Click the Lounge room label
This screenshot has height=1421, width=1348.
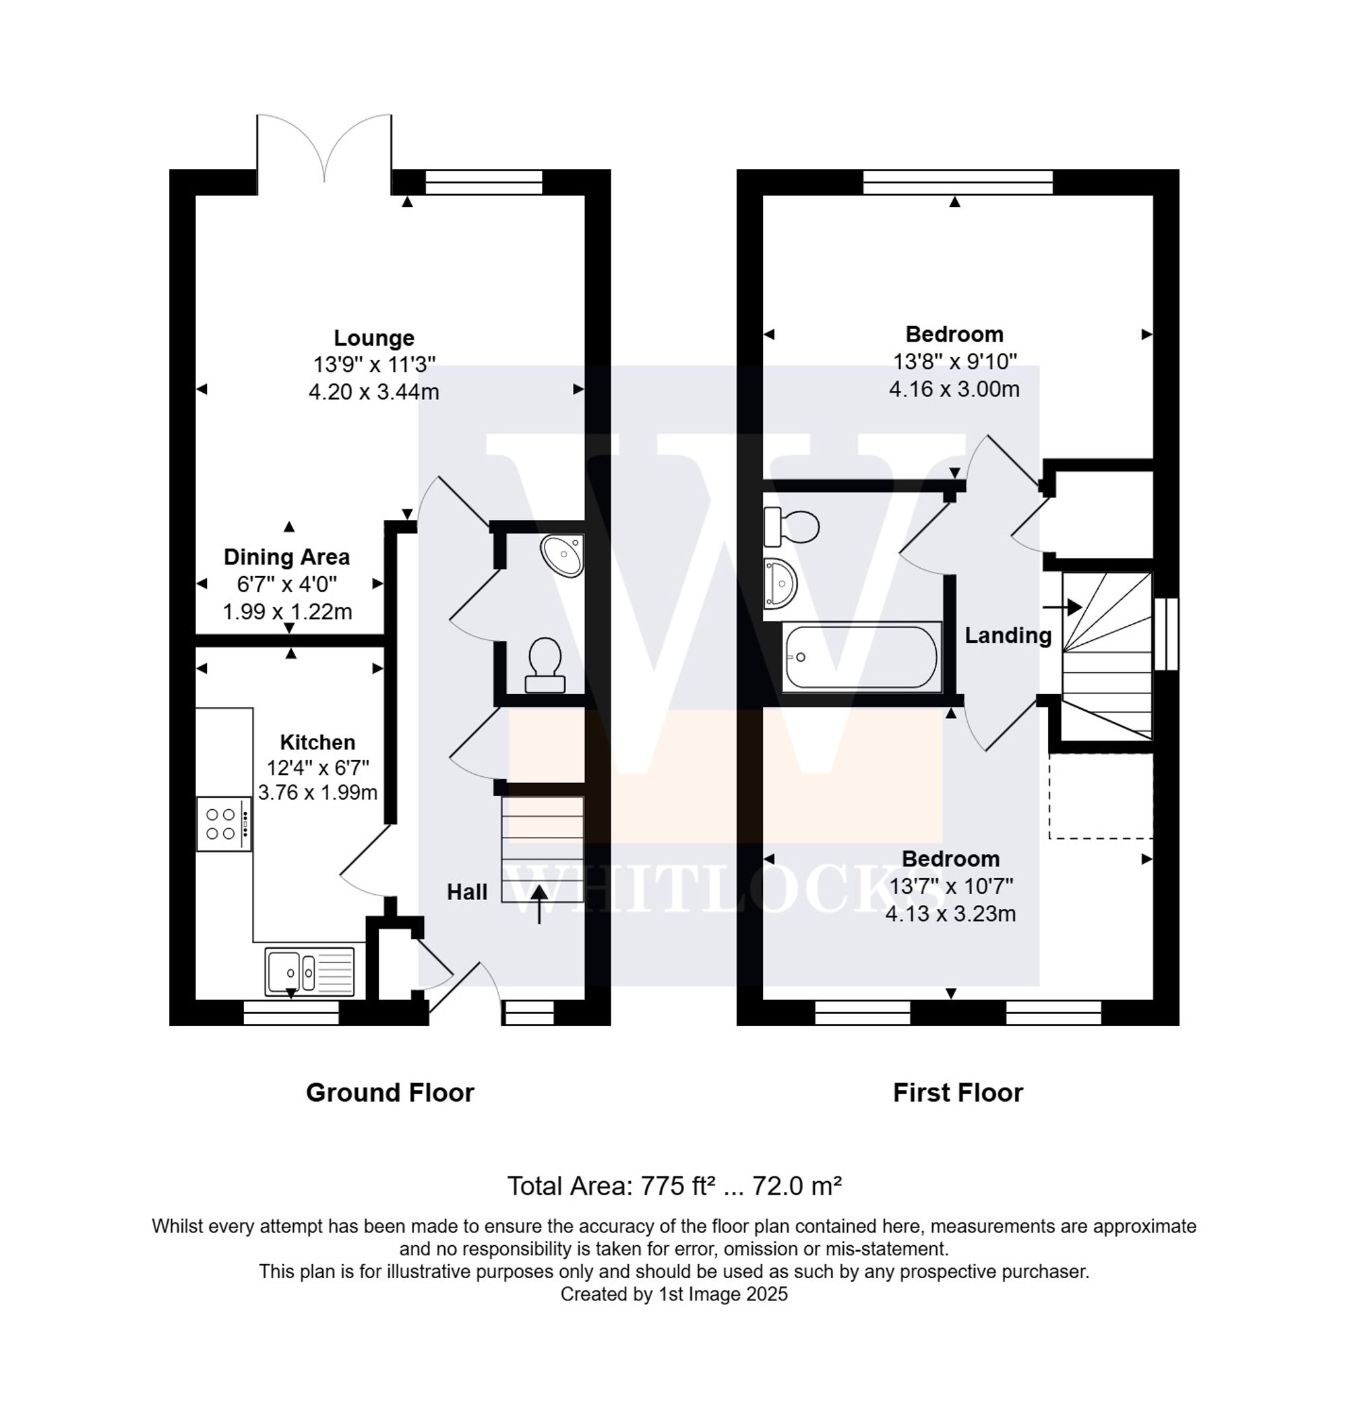[x=373, y=338]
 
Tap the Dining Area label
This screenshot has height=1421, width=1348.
[x=286, y=557]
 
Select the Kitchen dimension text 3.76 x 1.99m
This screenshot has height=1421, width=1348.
[x=317, y=792]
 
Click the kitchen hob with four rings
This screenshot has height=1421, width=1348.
[x=224, y=824]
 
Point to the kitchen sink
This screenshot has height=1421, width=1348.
[x=309, y=972]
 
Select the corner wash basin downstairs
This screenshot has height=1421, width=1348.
[x=564, y=555]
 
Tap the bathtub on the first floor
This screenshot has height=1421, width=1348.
[x=861, y=658]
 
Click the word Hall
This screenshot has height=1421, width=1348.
[x=467, y=892]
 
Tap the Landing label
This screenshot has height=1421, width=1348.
[x=1008, y=635]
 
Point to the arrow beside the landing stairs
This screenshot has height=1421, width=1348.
[x=1062, y=607]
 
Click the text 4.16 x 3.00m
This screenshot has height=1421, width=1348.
[x=954, y=389]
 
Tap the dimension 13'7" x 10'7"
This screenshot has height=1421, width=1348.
[x=950, y=887]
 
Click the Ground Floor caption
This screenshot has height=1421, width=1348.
[x=390, y=1093]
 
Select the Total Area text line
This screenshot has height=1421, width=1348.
[x=674, y=1185]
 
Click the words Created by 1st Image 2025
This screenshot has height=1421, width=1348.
[x=674, y=1294]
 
